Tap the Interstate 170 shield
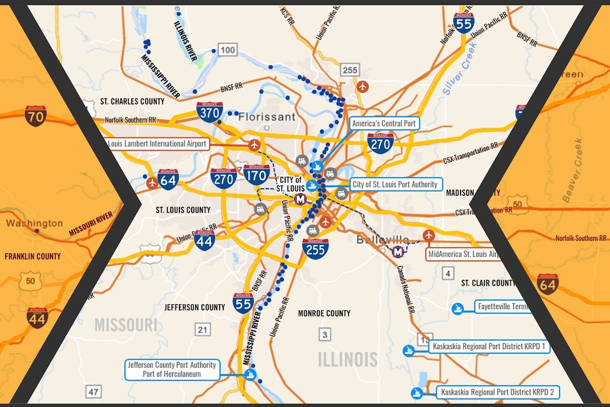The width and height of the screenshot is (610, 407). [256, 175]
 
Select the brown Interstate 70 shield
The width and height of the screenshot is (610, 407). [36, 116]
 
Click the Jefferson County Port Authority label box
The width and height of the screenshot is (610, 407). [172, 369]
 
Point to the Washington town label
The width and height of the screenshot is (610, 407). [35, 223]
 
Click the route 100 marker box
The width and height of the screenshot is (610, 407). [228, 49]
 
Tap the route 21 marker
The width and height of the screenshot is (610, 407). [202, 330]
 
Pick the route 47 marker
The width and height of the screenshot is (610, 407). [94, 391]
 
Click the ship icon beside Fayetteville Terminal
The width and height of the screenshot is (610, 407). [457, 308]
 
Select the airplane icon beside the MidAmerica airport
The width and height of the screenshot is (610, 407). [429, 236]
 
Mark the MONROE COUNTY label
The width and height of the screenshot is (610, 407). [324, 313]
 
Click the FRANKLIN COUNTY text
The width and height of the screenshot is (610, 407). [33, 256]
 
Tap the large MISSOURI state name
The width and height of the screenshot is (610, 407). [126, 325]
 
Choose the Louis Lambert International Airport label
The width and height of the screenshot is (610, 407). [157, 144]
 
